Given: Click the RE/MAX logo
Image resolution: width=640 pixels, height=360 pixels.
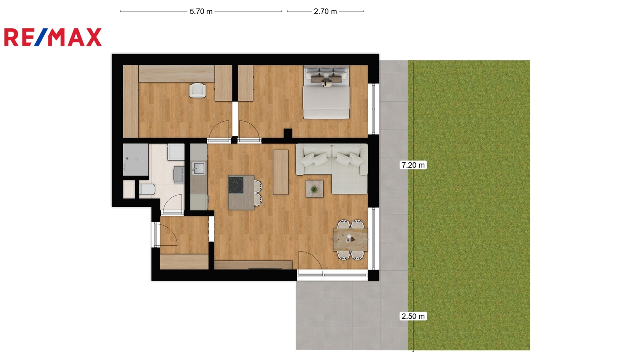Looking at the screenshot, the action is pos(53,37).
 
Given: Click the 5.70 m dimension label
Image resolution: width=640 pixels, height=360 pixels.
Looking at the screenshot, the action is pos(201,12).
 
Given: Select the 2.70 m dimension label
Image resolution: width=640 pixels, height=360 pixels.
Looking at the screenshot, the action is pos(325,12).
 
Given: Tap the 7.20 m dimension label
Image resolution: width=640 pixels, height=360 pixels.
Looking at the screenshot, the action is pos(413,165).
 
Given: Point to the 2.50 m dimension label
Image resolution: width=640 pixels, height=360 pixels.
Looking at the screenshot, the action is pos(413,316).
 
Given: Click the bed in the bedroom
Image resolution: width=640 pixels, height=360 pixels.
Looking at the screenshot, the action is pos(326,92).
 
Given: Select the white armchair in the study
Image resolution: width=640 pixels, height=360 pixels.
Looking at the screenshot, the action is pos(197,90).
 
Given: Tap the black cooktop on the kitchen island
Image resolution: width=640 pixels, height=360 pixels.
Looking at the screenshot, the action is pos(236,185).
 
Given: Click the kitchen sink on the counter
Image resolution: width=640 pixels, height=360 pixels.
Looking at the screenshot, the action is pos(198,168).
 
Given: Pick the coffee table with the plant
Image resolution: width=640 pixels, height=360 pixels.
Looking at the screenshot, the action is pos(314,189).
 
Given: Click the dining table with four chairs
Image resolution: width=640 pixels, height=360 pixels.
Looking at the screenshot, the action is pos(350,240).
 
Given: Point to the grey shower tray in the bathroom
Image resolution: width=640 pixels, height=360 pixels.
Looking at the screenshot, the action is pos(136,160).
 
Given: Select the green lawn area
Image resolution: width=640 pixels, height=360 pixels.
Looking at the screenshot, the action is pos(469,205).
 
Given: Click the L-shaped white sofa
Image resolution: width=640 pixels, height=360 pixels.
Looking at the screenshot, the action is pos(332,168).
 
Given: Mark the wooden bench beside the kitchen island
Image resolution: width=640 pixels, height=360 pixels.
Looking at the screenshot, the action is pos(280,172).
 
